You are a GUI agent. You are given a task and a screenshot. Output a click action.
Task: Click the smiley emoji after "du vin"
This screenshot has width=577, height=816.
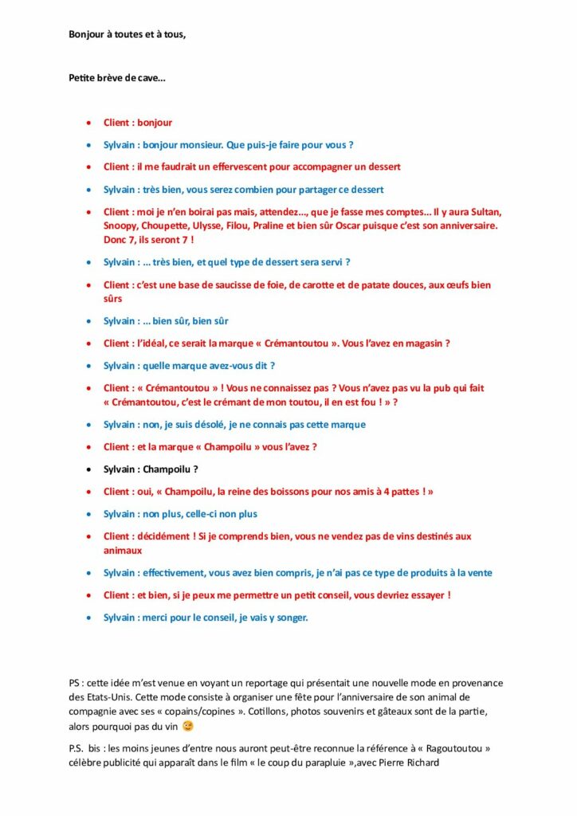point(187,726)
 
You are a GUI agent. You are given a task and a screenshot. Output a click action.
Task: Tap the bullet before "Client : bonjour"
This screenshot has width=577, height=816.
point(88,124)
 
